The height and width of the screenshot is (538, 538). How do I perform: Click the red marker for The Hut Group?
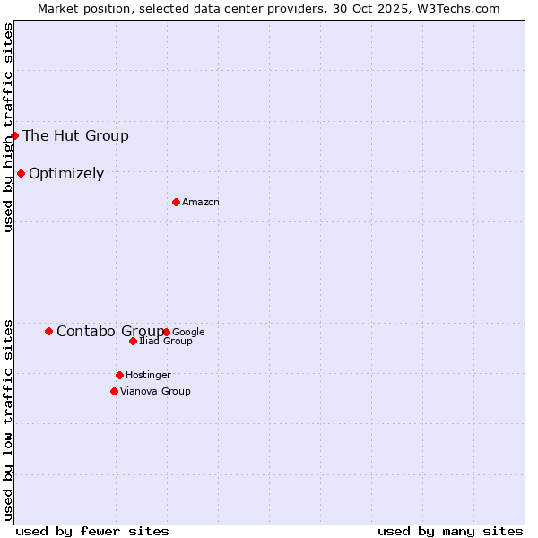tap(15, 135)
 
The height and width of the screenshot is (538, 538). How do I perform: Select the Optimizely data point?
tap(21, 173)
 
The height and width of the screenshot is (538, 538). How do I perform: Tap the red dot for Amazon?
tap(176, 202)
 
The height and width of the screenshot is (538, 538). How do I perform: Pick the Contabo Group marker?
tap(48, 331)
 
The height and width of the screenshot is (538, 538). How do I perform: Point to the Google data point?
tap(167, 332)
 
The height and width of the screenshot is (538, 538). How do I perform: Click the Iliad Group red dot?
tap(133, 341)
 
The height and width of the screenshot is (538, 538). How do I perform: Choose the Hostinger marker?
tap(119, 375)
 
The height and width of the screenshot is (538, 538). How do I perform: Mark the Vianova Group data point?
tap(114, 391)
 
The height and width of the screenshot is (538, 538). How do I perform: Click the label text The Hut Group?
tap(75, 136)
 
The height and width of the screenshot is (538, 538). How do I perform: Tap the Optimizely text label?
tap(66, 174)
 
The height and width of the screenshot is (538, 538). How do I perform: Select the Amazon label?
tap(201, 203)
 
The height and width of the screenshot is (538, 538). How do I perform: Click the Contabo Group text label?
tap(109, 332)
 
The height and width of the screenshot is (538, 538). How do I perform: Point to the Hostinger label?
tap(148, 375)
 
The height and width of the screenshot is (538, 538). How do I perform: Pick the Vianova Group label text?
tap(155, 391)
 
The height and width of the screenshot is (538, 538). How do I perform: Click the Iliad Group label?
tap(166, 342)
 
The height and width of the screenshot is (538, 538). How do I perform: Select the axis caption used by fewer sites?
tap(92, 531)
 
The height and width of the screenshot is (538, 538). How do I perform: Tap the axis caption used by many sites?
tap(450, 531)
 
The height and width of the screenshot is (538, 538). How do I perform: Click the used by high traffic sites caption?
tap(8, 128)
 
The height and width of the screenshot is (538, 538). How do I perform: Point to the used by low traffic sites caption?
tap(8, 419)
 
